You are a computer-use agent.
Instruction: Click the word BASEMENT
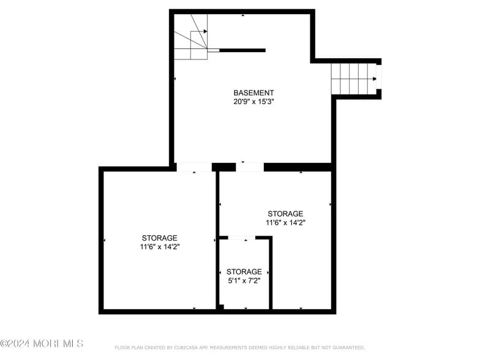pos(253,92)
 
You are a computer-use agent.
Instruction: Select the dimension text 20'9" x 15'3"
pos(253,102)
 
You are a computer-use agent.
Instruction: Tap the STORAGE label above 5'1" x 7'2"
pos(244,271)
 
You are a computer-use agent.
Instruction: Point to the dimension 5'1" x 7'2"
pos(244,280)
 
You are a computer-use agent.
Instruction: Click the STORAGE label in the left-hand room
pos(159,238)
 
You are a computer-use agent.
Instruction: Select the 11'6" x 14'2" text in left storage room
pos(159,247)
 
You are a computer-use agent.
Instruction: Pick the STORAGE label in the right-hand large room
pos(285,214)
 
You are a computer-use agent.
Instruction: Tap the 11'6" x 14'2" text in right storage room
pos(285,223)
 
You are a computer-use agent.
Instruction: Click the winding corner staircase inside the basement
pos(192,38)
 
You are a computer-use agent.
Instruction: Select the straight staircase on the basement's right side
pos(353,78)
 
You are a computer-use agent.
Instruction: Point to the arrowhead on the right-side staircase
pos(373,78)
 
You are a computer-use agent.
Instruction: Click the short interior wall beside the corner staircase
pos(242,50)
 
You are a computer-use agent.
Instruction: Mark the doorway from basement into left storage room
pos(194,167)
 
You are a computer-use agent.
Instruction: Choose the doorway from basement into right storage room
pos(250,167)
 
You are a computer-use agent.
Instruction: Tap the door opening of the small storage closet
pos(242,238)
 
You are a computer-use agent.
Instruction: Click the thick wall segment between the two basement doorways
pos(223,167)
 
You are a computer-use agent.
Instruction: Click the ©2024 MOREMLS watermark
pos(42,343)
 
